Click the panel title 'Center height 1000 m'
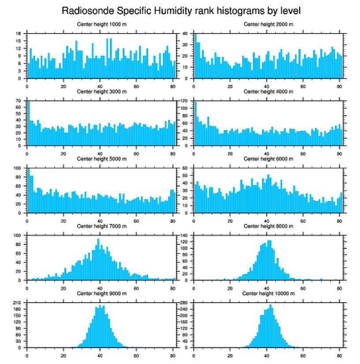click(101, 24)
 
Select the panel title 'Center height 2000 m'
click(268, 24)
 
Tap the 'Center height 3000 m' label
click(101, 91)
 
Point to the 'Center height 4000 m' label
click(268, 91)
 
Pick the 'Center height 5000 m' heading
click(101, 159)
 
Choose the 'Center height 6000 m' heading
click(268, 159)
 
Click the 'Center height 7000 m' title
click(101, 226)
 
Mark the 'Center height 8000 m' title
click(268, 226)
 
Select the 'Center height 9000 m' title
click(101, 294)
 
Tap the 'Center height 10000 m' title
click(268, 294)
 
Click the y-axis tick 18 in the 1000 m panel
click(19, 34)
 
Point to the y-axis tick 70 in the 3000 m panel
click(19, 101)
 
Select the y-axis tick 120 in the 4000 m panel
click(184, 101)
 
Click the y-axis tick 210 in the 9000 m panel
click(18, 303)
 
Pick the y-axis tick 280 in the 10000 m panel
click(184, 303)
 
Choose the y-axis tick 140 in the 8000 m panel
click(184, 235)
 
